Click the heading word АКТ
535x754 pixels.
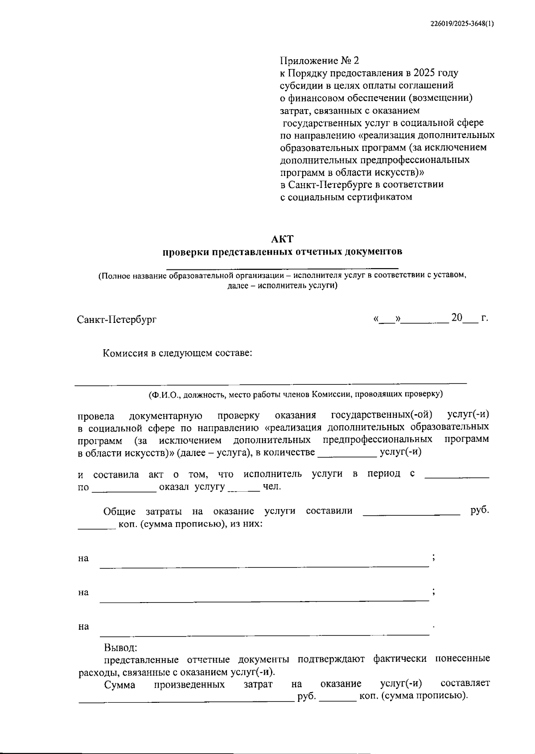(283, 239)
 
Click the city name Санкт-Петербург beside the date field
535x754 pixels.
(117, 320)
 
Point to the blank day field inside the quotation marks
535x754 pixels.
(387, 320)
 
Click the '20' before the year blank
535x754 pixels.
(457, 318)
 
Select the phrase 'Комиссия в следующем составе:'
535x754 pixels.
(178, 354)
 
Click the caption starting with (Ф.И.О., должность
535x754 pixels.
(296, 394)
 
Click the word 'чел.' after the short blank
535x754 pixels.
(272, 487)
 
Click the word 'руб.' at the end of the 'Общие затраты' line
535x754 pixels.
(480, 510)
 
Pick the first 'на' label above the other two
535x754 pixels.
(83, 558)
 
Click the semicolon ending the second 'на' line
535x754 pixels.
(434, 591)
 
